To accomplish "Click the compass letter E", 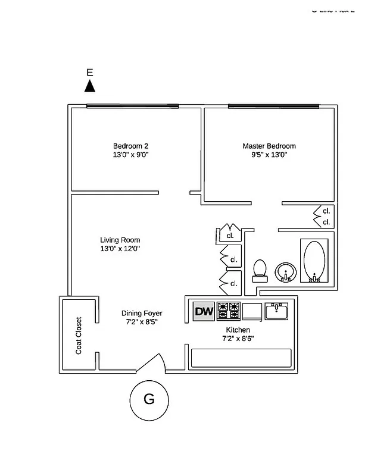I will [x=90, y=73].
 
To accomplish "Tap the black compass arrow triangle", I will [x=90, y=86].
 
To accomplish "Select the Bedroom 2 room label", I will [x=130, y=146].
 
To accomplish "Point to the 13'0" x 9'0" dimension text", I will [x=130, y=155].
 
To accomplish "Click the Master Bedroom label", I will [x=269, y=146].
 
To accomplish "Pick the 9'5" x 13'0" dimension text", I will [x=269, y=155].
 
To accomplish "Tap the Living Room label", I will [x=120, y=240].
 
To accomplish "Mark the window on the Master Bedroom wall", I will [x=272, y=107].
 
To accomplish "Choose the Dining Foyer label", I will [x=142, y=314].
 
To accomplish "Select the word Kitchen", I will [x=238, y=330].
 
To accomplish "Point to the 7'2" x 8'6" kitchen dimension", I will [x=238, y=339].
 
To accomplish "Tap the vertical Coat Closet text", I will [x=79, y=335].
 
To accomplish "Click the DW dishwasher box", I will [x=204, y=311].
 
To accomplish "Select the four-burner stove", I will [x=228, y=311].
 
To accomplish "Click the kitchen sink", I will [x=276, y=311].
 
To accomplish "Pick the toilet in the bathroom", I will [x=260, y=271].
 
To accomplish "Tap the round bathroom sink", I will [x=286, y=273].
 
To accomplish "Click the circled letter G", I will [x=149, y=399].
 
